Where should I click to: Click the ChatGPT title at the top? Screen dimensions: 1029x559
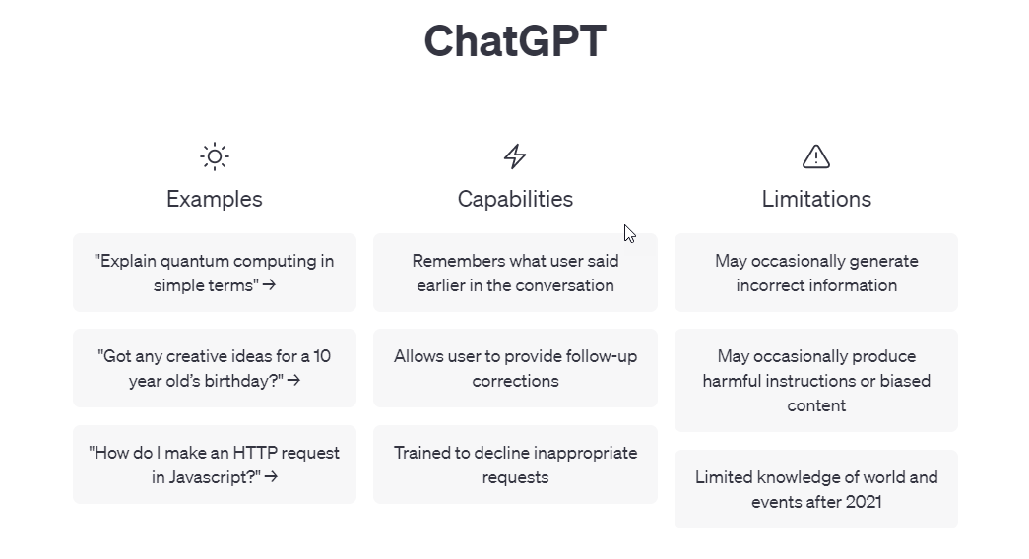(x=515, y=40)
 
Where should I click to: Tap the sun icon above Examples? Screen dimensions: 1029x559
(x=215, y=156)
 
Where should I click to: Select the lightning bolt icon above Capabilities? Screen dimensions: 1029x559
(x=515, y=156)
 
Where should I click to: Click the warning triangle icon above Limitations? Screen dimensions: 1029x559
(x=816, y=156)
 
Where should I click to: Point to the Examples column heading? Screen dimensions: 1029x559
(x=215, y=199)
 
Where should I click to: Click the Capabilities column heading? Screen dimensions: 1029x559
(x=515, y=199)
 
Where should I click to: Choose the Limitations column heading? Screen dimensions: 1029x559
(x=816, y=199)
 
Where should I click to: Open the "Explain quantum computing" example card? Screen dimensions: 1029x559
(x=215, y=273)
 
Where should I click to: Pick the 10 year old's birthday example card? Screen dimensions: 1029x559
(x=215, y=368)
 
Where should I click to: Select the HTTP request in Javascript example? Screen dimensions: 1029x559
(x=215, y=465)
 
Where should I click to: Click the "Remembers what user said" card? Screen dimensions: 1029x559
(x=515, y=273)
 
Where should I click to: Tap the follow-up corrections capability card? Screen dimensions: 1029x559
(x=515, y=368)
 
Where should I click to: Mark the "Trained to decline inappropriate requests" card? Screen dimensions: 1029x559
(x=515, y=465)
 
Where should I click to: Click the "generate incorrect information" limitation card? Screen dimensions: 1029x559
(x=816, y=273)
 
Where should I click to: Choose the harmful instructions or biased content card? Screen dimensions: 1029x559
(x=816, y=381)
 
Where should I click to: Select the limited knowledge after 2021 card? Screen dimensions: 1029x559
(x=816, y=489)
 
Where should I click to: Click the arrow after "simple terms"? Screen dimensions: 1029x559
(x=269, y=285)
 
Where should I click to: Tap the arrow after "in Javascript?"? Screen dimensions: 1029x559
(x=271, y=477)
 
